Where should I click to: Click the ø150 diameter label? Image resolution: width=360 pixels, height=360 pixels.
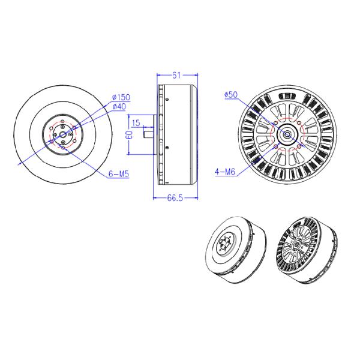tap(121, 97)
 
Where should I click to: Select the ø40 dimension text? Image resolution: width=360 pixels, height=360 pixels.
tap(119, 107)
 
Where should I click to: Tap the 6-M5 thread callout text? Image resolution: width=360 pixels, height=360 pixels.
tap(119, 173)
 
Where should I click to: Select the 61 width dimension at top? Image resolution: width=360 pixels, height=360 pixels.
tap(177, 75)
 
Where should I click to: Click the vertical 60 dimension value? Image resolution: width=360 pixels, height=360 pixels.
tap(128, 136)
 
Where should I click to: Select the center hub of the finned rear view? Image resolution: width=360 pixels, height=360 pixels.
tap(287, 136)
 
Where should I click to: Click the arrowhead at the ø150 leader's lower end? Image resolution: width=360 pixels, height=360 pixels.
tap(21, 162)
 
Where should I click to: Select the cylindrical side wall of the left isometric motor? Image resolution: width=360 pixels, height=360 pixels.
tap(255, 264)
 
